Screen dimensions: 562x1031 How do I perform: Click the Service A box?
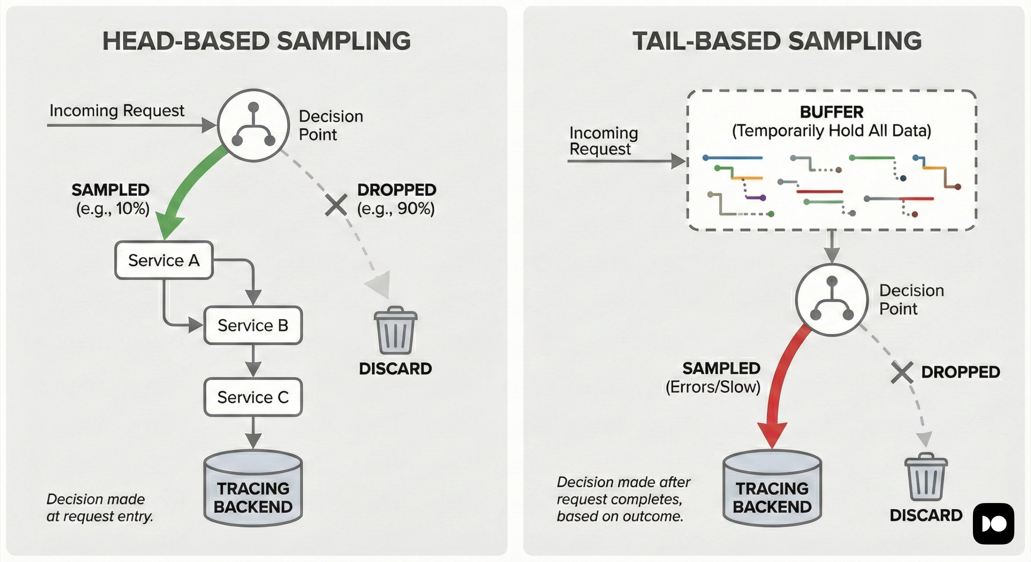click(164, 260)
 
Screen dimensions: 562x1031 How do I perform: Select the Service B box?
click(253, 325)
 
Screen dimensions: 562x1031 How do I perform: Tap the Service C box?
click(253, 397)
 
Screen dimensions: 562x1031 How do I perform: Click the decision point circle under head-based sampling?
click(253, 125)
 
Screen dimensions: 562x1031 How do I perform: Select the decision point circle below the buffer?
click(831, 300)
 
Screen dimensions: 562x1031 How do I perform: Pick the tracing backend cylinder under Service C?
click(253, 488)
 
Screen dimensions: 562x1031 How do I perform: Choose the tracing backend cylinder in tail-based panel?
click(772, 488)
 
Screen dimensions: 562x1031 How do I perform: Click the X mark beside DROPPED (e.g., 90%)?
click(336, 205)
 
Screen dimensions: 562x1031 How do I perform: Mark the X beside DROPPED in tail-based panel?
click(902, 372)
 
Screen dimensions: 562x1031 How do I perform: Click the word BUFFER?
click(831, 112)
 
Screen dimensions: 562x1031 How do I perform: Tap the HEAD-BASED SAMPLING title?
click(256, 41)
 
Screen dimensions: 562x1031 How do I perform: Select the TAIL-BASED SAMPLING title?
click(777, 41)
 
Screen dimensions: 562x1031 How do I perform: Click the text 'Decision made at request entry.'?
click(100, 508)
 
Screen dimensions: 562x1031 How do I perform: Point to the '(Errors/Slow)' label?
click(713, 387)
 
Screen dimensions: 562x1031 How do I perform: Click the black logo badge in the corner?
click(993, 523)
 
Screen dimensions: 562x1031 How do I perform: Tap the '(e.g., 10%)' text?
click(113, 209)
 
